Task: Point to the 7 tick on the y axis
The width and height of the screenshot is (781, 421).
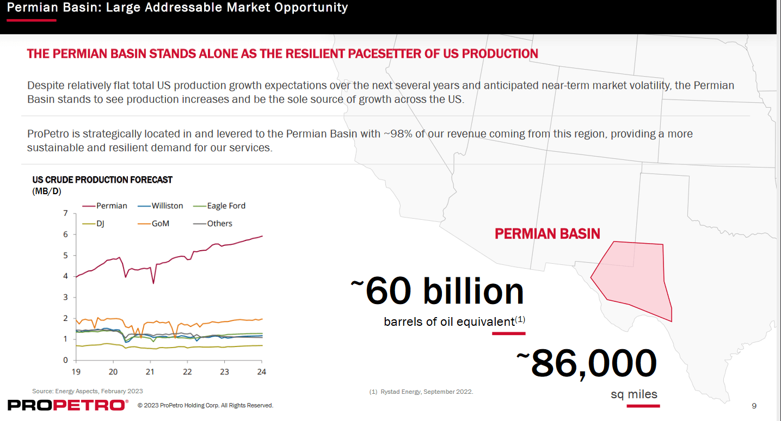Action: [x=66, y=213]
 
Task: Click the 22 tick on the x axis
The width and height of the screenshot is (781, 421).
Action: [x=187, y=372]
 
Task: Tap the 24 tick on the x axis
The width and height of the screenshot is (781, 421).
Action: [x=262, y=372]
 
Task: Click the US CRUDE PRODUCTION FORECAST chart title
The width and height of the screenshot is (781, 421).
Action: [x=102, y=179]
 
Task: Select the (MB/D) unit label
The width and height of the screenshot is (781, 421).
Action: [x=47, y=191]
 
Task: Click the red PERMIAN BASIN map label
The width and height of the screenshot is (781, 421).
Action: [x=547, y=234]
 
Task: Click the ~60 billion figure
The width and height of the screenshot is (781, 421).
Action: [x=438, y=291]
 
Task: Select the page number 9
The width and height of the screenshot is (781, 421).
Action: [x=754, y=406]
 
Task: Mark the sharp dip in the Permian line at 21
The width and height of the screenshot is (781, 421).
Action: [x=153, y=283]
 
